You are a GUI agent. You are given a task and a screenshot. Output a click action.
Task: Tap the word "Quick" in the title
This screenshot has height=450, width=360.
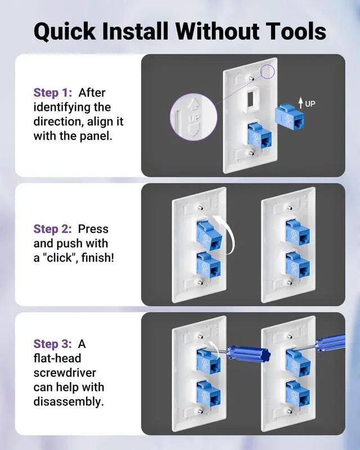pos(65,31)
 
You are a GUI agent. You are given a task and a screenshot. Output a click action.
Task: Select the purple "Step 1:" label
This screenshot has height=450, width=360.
pos(53,93)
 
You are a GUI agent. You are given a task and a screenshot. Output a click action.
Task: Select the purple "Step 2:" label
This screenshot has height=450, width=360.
pos(53,229)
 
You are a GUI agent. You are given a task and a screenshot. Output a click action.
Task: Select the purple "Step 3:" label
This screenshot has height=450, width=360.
pos(53,344)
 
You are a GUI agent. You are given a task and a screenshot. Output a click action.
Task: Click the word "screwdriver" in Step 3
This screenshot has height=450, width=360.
pos(65,373)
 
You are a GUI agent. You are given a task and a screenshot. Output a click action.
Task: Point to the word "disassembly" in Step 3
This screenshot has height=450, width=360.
pos(67,402)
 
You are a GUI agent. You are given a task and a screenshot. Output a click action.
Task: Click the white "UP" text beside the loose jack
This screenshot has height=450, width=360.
pos(310,103)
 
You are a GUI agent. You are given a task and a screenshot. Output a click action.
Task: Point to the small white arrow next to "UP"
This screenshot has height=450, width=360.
pos(300,103)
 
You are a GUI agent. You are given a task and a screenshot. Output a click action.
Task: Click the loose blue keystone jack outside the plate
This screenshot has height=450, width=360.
pos(289,117)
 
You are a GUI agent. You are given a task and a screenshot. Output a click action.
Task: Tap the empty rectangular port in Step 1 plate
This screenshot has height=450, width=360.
pos(252,100)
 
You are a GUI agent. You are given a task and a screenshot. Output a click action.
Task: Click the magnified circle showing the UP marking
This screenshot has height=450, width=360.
pos(193,117)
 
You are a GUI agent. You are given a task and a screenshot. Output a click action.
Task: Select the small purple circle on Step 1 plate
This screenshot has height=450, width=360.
pos(267,72)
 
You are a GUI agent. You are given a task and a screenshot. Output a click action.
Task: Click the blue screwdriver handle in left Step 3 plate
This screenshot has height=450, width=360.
pos(249,353)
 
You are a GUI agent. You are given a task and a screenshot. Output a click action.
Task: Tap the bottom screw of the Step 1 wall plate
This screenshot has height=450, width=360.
pos(252,153)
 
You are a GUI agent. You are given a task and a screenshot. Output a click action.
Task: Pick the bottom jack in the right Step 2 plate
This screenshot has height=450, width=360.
pos(298,265)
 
